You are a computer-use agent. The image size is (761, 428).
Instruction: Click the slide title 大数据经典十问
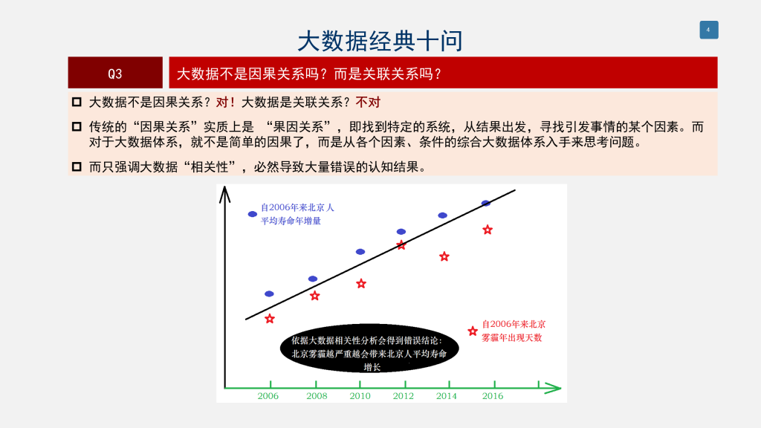[380, 41]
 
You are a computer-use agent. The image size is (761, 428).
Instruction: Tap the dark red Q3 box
[115, 72]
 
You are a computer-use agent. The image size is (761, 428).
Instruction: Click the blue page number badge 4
[708, 30]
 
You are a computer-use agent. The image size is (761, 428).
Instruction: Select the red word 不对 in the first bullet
[368, 103]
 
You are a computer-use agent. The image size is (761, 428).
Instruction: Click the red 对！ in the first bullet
[226, 103]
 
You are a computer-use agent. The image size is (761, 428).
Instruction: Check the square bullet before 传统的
[77, 126]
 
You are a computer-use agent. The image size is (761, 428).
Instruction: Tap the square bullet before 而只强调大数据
[77, 166]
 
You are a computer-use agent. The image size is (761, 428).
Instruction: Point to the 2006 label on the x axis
[268, 396]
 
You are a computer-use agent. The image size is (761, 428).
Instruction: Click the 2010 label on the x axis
[360, 396]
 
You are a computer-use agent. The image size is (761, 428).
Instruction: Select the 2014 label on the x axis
[447, 396]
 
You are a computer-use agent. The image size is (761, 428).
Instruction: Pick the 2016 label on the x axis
[493, 396]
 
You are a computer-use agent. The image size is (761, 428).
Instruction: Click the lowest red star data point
[270, 319]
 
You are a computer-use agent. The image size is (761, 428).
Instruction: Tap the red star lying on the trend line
[401, 245]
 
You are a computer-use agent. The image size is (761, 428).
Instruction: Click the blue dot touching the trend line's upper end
[486, 204]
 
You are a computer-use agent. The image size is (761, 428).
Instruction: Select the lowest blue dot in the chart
[269, 294]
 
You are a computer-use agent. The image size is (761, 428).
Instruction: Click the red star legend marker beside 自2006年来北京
[473, 331]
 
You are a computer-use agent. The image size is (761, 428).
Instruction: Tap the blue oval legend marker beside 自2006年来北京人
[253, 214]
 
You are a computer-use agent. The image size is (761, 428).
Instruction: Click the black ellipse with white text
[369, 348]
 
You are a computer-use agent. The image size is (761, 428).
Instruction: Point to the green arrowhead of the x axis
[553, 388]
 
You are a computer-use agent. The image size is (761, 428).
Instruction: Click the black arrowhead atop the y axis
[224, 194]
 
